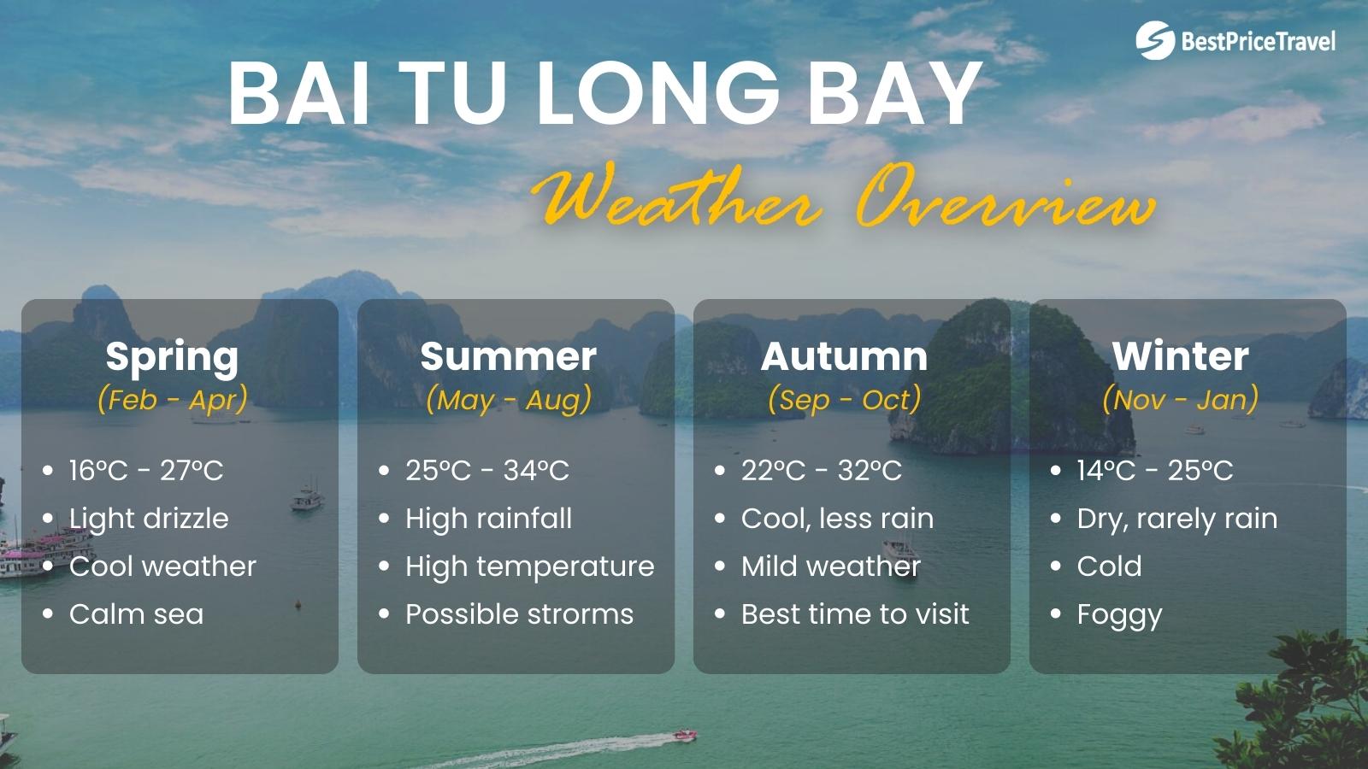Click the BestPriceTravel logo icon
1155,39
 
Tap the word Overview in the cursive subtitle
1005,205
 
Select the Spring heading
172,356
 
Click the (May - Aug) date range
509,399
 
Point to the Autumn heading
844,356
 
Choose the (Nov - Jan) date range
1180,399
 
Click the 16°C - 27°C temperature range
146,470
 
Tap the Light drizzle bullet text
149,519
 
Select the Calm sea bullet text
136,614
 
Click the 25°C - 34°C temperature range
486,470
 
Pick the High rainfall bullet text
488,519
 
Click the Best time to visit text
855,614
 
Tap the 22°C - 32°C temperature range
821,470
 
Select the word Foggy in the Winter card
1119,615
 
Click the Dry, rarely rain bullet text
1177,519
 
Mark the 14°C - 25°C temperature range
1155,470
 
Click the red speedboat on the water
684,734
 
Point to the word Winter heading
1180,356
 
